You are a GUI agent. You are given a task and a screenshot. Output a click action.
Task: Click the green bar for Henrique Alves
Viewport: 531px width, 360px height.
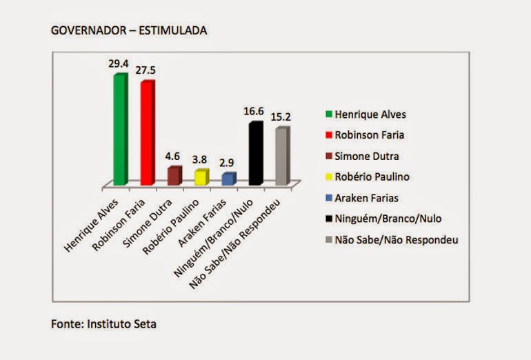pos(120,129)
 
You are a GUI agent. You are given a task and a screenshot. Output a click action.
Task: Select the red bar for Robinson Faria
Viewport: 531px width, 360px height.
pos(147,133)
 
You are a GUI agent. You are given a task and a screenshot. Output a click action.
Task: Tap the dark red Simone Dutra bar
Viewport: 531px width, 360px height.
pos(174,176)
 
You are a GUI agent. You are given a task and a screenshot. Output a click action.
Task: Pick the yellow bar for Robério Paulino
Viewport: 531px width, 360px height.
pos(201,177)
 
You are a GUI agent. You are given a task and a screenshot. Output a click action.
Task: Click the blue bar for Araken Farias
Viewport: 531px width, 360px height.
pos(228,179)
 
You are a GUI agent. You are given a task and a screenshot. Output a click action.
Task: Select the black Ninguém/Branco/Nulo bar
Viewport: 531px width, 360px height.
pos(255,154)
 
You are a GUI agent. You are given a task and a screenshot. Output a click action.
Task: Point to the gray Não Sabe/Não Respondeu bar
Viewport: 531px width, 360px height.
pos(281,157)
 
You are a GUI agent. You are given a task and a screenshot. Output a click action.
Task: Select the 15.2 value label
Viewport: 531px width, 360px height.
pos(281,117)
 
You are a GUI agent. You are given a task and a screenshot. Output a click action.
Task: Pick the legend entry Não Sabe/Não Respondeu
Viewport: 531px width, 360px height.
pos(392,240)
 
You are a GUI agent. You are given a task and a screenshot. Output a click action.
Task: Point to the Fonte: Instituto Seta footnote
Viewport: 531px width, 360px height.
pos(108,323)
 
